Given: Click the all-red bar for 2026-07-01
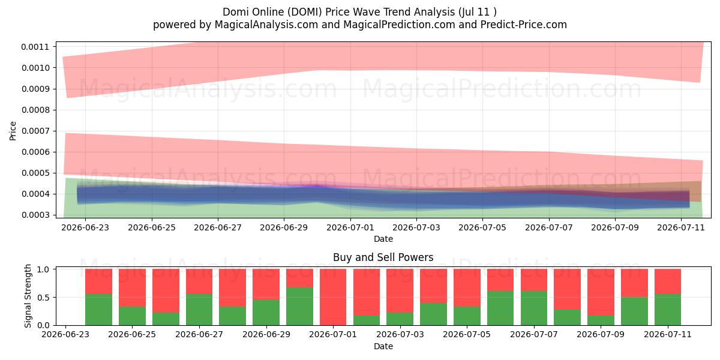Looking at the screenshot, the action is (x=333, y=297).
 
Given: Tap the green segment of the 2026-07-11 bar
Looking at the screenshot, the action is (x=668, y=310).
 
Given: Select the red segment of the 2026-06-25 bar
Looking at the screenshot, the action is (x=132, y=287).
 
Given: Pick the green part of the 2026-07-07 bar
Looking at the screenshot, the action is (x=534, y=308).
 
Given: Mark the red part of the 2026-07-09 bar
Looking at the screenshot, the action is (x=601, y=292).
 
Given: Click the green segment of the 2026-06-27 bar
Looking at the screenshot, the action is (x=199, y=310).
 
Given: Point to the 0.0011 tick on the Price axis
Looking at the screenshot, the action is (x=35, y=47).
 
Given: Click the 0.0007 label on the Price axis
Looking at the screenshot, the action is (x=35, y=131).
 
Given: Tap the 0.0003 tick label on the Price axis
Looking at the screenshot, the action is (x=35, y=215).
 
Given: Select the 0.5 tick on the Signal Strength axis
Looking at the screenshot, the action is (x=43, y=298).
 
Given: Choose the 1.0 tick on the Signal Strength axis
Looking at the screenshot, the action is (x=43, y=269).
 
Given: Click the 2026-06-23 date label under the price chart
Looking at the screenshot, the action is (x=85, y=227).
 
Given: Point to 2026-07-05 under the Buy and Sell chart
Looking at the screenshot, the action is (x=467, y=334).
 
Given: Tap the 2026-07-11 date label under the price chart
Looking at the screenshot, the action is (x=681, y=227).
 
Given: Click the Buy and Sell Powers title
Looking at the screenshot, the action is (x=383, y=257).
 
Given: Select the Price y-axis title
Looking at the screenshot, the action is (x=13, y=131).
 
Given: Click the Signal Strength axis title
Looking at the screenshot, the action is (x=28, y=296).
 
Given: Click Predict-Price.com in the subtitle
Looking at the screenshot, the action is (x=524, y=25).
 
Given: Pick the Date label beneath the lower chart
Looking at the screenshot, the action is (x=383, y=346).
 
